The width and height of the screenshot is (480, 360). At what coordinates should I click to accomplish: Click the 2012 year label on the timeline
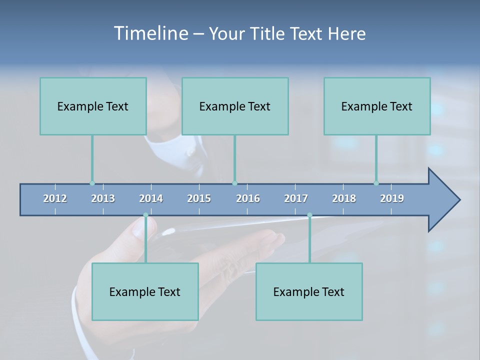click(x=55, y=198)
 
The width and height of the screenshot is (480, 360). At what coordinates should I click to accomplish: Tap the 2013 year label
click(x=103, y=198)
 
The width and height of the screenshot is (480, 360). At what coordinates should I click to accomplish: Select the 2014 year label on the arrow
click(x=151, y=198)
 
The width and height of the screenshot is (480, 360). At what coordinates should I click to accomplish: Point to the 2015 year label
click(x=199, y=198)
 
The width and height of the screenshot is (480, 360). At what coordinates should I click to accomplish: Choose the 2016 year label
click(x=248, y=198)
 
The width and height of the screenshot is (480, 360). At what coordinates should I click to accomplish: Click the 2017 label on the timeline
click(x=296, y=198)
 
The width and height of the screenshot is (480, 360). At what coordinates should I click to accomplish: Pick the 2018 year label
click(x=344, y=198)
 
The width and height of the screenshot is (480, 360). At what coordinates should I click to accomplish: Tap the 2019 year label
click(x=392, y=198)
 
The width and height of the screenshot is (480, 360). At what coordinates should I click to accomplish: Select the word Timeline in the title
click(x=150, y=33)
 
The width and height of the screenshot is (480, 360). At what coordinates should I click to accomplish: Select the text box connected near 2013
click(x=93, y=106)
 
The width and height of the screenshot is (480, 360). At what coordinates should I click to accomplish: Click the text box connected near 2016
click(x=235, y=106)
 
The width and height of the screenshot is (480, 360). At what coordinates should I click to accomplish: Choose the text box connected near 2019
click(x=377, y=106)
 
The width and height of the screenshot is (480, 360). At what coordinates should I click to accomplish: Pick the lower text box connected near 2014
click(x=145, y=291)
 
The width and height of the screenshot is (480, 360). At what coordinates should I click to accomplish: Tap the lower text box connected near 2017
click(x=309, y=291)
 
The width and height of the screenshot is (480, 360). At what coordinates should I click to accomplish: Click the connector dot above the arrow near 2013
click(x=92, y=183)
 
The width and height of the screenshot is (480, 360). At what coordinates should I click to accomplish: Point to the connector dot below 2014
click(x=146, y=215)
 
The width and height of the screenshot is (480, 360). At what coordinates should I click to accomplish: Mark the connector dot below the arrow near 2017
click(x=309, y=215)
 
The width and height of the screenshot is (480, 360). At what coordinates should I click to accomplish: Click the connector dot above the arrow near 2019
click(x=376, y=183)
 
